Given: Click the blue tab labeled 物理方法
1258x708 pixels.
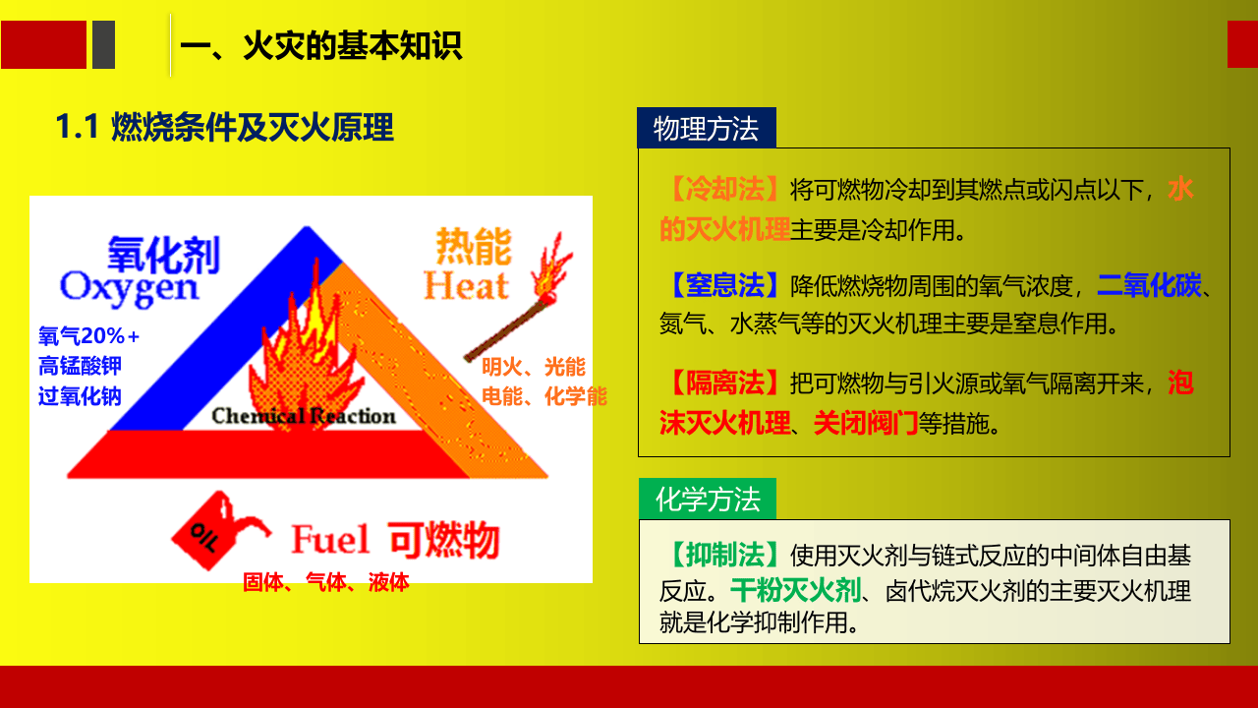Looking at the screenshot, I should pos(706,129).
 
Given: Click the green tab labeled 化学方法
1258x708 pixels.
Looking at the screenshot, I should pos(707,500).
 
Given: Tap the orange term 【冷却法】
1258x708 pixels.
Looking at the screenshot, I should pos(724,189).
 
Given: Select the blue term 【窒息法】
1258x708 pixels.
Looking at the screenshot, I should pos(724,286).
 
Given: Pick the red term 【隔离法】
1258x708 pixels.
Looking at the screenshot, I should pos(724,383).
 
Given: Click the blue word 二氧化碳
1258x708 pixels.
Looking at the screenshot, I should pos(1149,286).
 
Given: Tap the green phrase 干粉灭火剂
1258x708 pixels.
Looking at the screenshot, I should pos(795,591).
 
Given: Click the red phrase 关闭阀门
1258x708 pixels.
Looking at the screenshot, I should pos(865,424).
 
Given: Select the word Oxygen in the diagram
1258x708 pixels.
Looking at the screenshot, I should pos(129,286).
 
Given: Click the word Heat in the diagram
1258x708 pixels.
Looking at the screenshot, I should pos(466,286).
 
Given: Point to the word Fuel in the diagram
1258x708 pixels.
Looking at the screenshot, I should pos(330,540).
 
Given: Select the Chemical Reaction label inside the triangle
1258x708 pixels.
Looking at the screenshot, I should pos(304,416).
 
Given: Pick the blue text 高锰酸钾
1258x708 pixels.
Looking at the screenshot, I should pos(80,366).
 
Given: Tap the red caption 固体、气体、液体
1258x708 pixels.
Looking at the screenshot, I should pos(325,582).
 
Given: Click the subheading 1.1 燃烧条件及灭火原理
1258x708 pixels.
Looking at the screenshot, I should pos(224,128).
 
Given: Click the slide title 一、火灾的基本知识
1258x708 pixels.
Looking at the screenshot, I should pos(320,46).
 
